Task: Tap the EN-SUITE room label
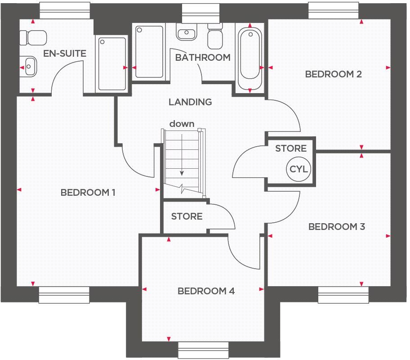tap(65, 54)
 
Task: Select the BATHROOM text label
tap(203, 58)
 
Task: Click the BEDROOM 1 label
tap(88, 193)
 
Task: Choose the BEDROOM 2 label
tap(333, 74)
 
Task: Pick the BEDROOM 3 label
tap(336, 227)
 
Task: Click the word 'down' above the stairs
tap(182, 124)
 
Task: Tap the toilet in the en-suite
tap(29, 36)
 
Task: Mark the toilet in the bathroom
tap(215, 36)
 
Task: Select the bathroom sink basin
tap(185, 33)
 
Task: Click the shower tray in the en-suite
tap(111, 64)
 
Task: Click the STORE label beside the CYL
tap(291, 148)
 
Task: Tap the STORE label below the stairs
tap(187, 216)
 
